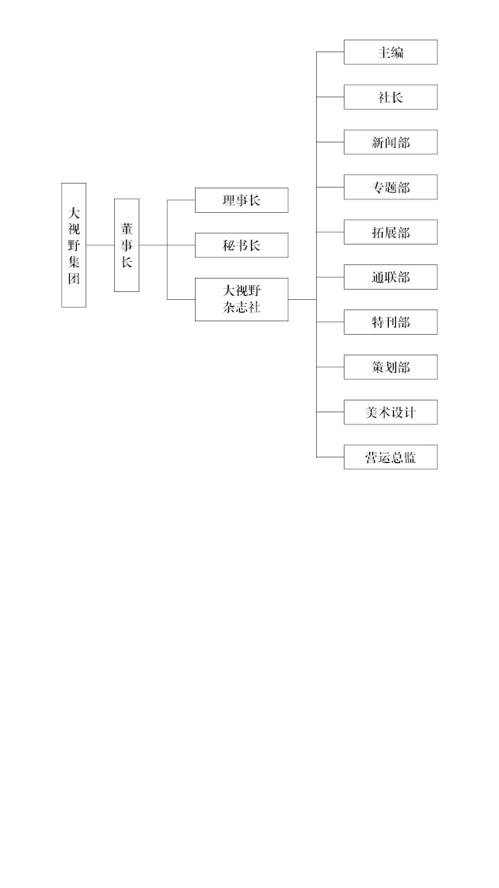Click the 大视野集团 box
(x=74, y=245)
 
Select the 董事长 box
(x=127, y=245)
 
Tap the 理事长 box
(x=242, y=200)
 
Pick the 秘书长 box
(x=242, y=245)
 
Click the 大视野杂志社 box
(x=242, y=300)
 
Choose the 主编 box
(x=390, y=52)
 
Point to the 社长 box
(x=390, y=97)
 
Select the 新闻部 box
(x=390, y=142)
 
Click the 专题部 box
(x=390, y=187)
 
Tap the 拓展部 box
(x=390, y=232)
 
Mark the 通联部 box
(x=390, y=277)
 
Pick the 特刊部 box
(x=390, y=322)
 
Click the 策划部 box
(x=390, y=367)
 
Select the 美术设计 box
(x=390, y=412)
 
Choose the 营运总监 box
(x=390, y=457)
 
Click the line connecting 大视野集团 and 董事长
(x=101, y=245)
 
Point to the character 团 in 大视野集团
(x=74, y=279)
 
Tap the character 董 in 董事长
(x=127, y=229)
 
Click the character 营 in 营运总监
(x=371, y=457)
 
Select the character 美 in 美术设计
(x=371, y=412)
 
